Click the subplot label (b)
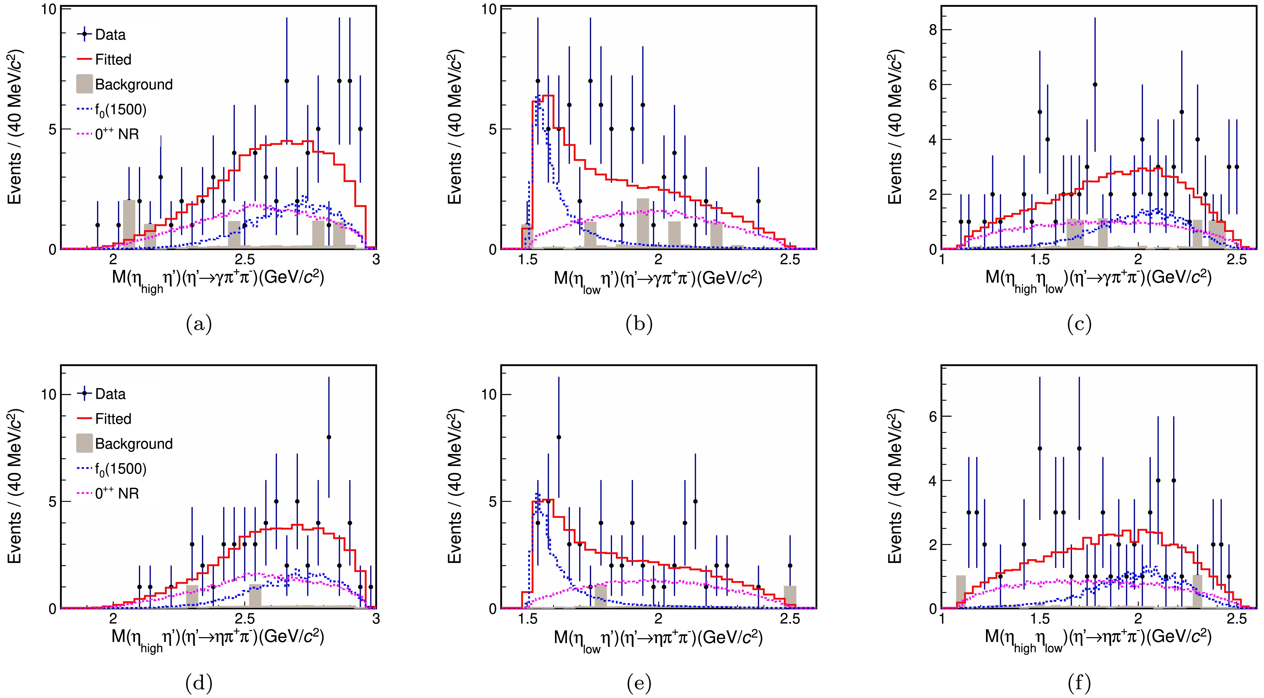coord(639,324)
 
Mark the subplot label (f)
coord(1079,683)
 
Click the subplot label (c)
coord(1079,324)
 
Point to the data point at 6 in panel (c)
coord(1095,84)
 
